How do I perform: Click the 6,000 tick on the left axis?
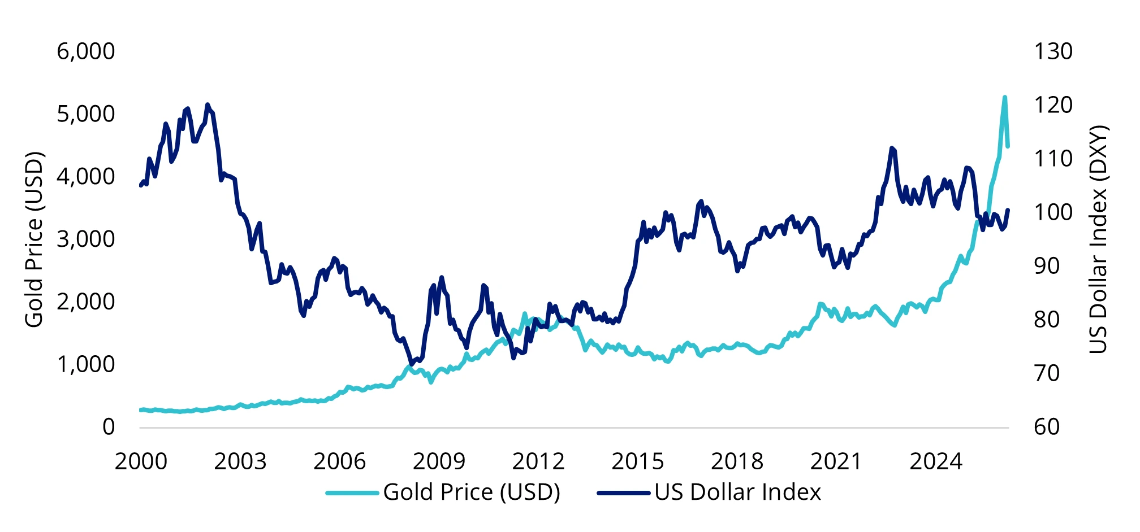[x=85, y=51]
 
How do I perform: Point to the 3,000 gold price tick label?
[x=85, y=239]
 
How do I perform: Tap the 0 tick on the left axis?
[x=108, y=427]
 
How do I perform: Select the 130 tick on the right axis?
[x=1053, y=51]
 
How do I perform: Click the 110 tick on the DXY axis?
[x=1053, y=159]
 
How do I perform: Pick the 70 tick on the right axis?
[x=1047, y=373]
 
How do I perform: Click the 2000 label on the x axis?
[x=141, y=461]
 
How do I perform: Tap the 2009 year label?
[x=439, y=461]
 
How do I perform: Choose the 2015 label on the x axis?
[x=637, y=461]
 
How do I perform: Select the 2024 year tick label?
[x=935, y=461]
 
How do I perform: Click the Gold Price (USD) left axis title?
[x=34, y=239]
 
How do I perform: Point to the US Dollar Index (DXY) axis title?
[x=1098, y=239]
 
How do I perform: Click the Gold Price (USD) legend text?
[x=472, y=492]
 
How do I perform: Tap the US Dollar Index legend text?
[x=737, y=492]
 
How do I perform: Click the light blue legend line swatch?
[x=352, y=493]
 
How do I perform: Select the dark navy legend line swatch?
[x=623, y=493]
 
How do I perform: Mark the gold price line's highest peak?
[x=1005, y=97]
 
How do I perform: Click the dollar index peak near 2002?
[x=208, y=104]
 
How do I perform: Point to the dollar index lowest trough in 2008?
[x=411, y=364]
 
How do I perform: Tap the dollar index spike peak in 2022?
[x=891, y=148]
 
